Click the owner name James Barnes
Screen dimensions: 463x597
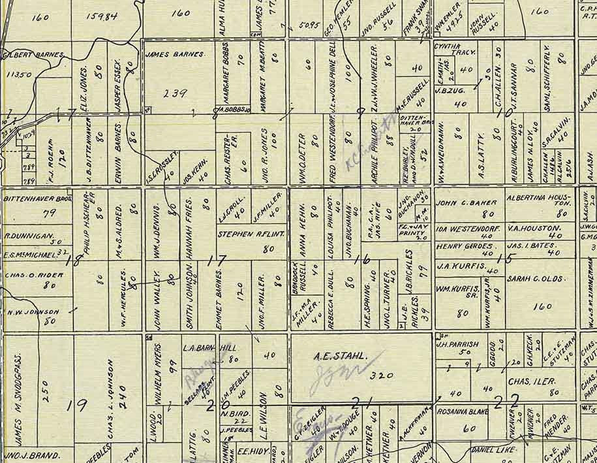176,54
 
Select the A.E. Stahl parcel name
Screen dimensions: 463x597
337,357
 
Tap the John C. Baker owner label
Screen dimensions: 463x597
467,202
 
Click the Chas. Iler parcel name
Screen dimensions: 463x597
530,381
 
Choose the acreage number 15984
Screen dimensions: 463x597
102,15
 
